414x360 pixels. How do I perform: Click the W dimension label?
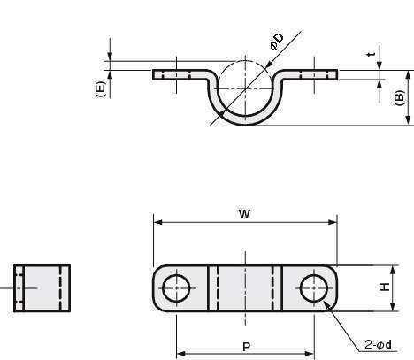pyautogui.click(x=244, y=214)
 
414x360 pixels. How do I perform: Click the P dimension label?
pyautogui.click(x=246, y=347)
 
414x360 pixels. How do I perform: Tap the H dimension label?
pyautogui.click(x=385, y=287)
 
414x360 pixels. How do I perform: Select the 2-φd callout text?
pyautogui.click(x=378, y=344)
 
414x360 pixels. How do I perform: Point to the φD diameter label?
pyautogui.click(x=277, y=42)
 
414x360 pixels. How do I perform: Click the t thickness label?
pyautogui.click(x=372, y=54)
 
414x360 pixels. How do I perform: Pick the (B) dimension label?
pyautogui.click(x=399, y=98)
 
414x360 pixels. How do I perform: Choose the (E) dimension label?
pyautogui.click(x=100, y=89)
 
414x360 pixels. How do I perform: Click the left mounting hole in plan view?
pyautogui.click(x=176, y=288)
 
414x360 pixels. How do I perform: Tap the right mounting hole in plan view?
pyautogui.click(x=314, y=288)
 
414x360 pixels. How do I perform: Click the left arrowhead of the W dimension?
pyautogui.click(x=157, y=222)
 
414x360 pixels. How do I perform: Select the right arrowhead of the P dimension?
pyautogui.click(x=310, y=354)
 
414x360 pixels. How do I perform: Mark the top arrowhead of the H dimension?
pyautogui.click(x=393, y=270)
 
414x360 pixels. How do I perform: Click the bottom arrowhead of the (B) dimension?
pyautogui.click(x=408, y=121)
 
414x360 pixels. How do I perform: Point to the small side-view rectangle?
pyautogui.click(x=42, y=288)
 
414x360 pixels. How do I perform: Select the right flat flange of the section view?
pyautogui.click(x=310, y=75)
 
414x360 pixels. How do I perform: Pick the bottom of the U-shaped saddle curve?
pyautogui.click(x=245, y=121)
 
